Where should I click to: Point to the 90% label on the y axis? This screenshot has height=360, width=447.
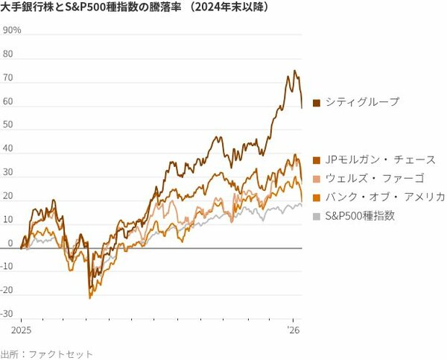tap(13, 31)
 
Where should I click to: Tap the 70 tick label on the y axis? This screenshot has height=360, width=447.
tap(8, 78)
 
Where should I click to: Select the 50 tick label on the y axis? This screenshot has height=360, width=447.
tap(8, 125)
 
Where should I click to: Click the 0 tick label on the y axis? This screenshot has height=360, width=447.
tap(10, 244)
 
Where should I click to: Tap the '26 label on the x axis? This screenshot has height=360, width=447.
tap(294, 329)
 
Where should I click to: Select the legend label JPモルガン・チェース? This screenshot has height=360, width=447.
tap(379, 160)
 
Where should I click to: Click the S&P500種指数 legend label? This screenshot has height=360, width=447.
tap(364, 215)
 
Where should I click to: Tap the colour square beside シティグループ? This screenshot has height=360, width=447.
tap(317, 103)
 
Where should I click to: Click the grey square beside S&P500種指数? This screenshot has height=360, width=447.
tap(317, 216)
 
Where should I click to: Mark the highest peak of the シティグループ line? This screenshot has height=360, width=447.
tap(294, 71)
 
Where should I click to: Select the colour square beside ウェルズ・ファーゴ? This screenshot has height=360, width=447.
tap(317, 179)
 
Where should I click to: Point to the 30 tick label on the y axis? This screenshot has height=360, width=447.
tap(8, 172)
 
